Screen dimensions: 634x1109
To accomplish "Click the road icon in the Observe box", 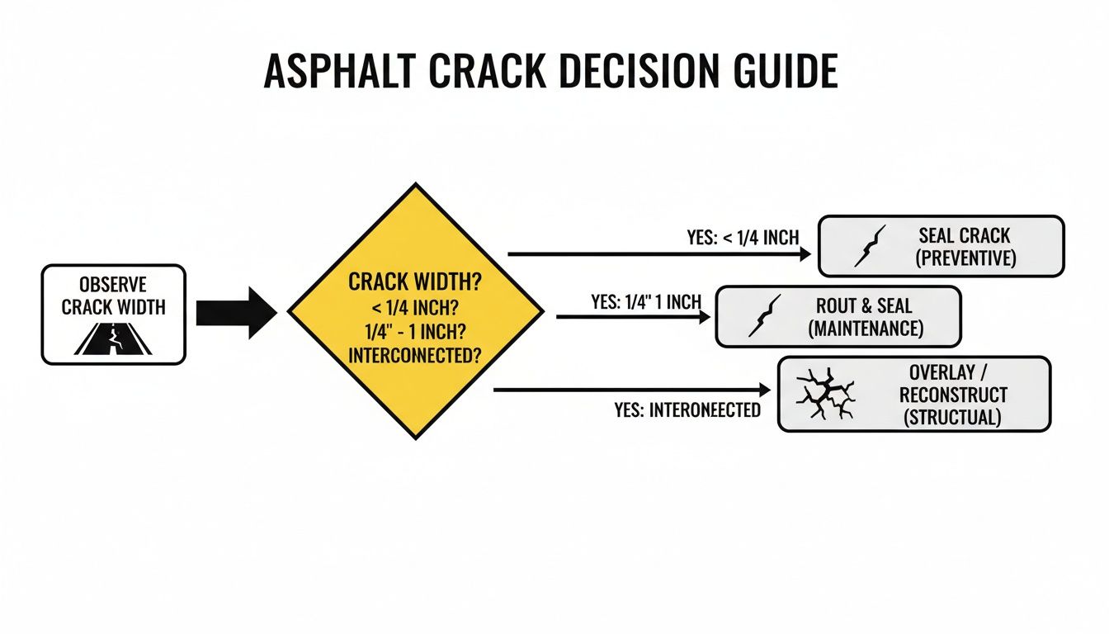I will pos(113,339).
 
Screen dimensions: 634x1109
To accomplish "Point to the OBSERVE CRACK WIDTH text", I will pos(113,296).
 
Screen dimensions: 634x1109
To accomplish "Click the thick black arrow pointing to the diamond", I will pos(236,313).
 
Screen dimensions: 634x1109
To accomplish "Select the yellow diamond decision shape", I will pos(415,310).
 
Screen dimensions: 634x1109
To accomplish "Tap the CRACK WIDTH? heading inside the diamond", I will pos(415,281).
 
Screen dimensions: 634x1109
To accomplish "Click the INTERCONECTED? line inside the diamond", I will pos(415,357).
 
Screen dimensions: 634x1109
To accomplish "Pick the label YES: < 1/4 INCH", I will pos(743,238).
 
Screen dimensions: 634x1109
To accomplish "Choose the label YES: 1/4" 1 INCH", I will pos(645,301).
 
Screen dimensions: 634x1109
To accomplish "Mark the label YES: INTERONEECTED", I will pos(687,409).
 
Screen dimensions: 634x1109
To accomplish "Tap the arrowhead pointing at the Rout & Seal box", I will pos(704,316).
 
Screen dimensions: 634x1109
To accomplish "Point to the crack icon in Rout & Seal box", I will pos(763,317).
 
